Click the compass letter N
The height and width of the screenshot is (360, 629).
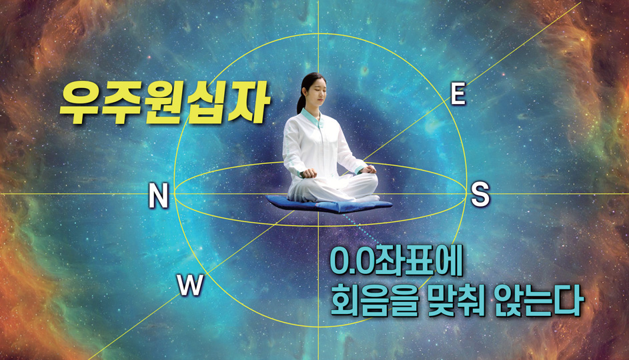tap(158, 195)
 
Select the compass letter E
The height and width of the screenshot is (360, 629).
tap(458, 94)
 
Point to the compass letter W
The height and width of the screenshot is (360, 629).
tap(191, 285)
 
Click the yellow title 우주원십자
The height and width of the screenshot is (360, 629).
tap(165, 103)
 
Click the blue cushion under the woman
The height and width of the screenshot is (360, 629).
tap(328, 204)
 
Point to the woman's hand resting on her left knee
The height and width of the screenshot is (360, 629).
tap(368, 169)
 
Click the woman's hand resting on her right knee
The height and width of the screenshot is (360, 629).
tap(309, 173)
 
